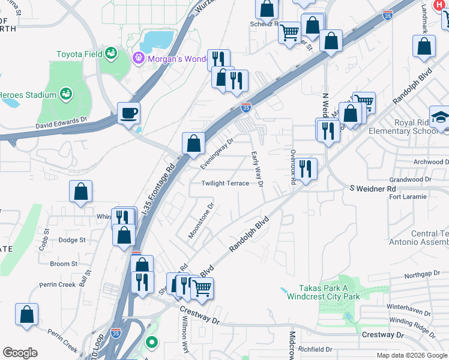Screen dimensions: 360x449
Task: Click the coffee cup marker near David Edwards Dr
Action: (128, 113)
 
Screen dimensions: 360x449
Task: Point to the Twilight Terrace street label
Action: (225, 184)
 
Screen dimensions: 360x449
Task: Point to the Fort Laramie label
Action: (408, 197)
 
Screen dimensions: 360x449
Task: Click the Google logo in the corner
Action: (20, 353)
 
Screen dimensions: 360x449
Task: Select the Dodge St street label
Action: (72, 240)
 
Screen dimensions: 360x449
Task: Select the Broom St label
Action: (64, 263)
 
